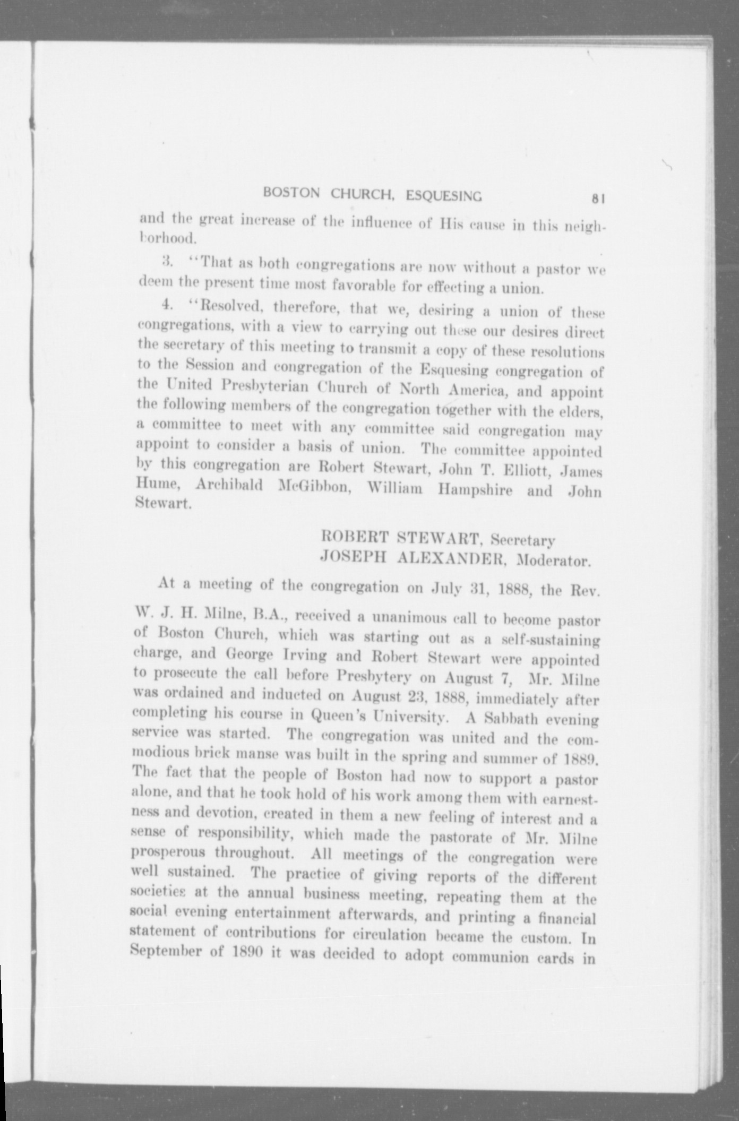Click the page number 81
(598, 200)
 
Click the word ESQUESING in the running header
(444, 196)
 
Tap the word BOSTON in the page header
(291, 193)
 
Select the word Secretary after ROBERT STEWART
(523, 540)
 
